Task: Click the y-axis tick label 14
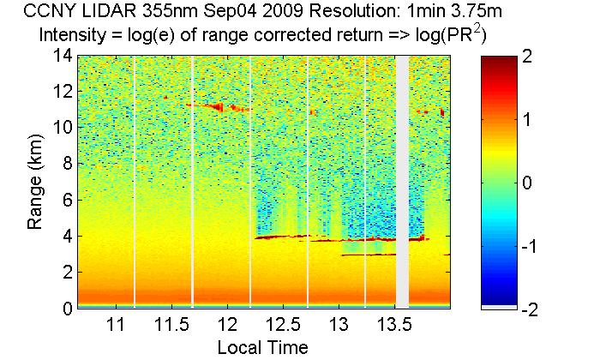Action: [x=61, y=56]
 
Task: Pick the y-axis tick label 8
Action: [x=65, y=164]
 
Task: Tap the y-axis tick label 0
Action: [x=65, y=309]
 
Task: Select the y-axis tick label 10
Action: [x=61, y=128]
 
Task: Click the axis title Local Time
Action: [x=262, y=347]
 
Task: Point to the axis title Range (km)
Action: [x=36, y=182]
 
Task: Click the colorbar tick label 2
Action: [x=527, y=57]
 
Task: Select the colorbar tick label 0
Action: [x=527, y=183]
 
